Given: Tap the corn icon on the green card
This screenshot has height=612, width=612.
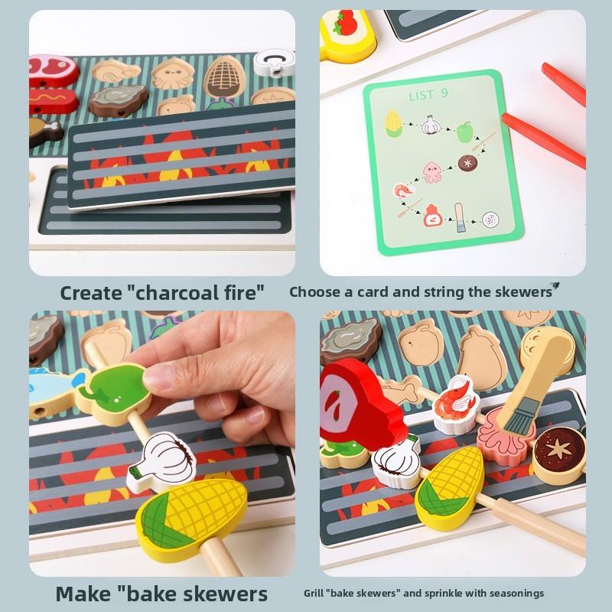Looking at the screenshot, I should pos(393,123).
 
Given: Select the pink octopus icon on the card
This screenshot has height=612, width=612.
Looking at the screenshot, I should pos(431,171).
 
